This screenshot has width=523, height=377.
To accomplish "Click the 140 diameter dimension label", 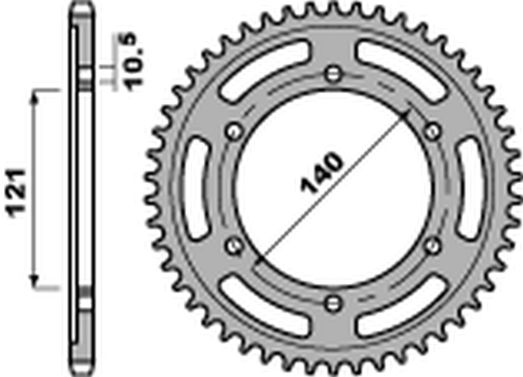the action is (x=321, y=172).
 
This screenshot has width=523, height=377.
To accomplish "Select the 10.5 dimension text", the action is (x=131, y=62).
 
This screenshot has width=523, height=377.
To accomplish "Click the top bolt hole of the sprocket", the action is (x=333, y=74).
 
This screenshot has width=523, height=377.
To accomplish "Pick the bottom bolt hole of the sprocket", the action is (x=333, y=303).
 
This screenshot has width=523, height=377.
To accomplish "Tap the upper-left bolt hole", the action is (x=234, y=131).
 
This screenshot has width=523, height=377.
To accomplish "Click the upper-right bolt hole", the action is (x=432, y=131).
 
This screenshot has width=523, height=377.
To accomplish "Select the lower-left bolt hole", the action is (x=234, y=246).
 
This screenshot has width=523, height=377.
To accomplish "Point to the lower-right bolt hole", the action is (x=432, y=246).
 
